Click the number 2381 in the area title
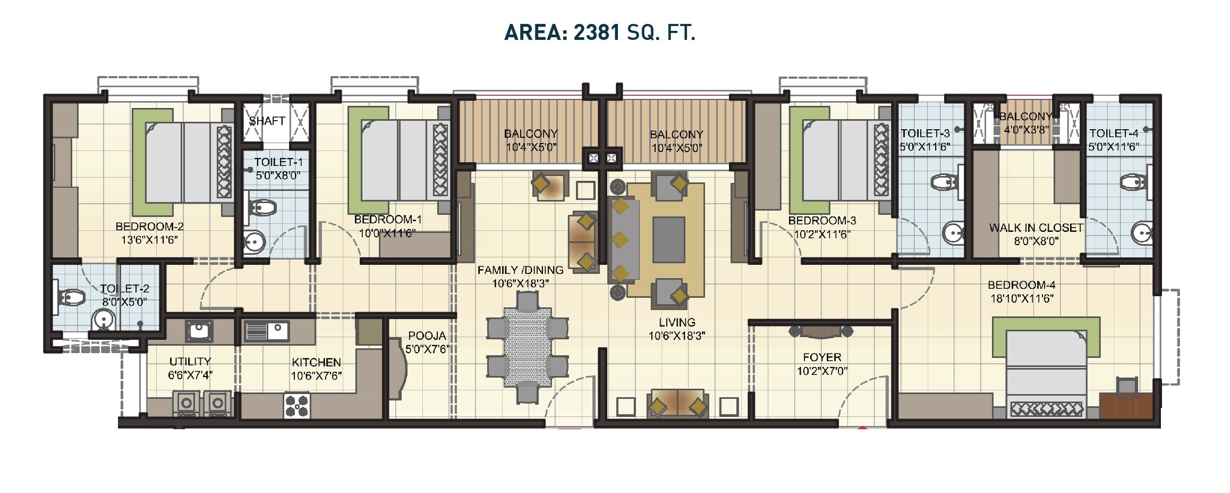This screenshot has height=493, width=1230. pos(597,32)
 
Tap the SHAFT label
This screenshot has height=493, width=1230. pos(267,121)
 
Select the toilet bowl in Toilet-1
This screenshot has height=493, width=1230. pos(262,207)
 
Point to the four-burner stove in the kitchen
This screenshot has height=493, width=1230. pos(296,405)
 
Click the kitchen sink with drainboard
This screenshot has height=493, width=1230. pos(266,331)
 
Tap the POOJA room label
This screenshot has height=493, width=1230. pos(427,336)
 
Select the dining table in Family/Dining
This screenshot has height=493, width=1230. pos(528,347)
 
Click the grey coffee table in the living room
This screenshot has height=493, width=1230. pos(668,239)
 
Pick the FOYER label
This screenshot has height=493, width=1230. pos(821,357)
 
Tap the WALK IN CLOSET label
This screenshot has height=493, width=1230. pos(1036,228)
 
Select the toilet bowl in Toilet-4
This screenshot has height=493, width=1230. pos(1133,182)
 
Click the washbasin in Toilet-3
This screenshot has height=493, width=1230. pos(953,232)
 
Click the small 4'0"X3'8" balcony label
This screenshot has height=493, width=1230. pos(1027,129)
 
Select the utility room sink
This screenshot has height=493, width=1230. pos(199,331)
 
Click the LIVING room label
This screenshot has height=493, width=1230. pos(676,322)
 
